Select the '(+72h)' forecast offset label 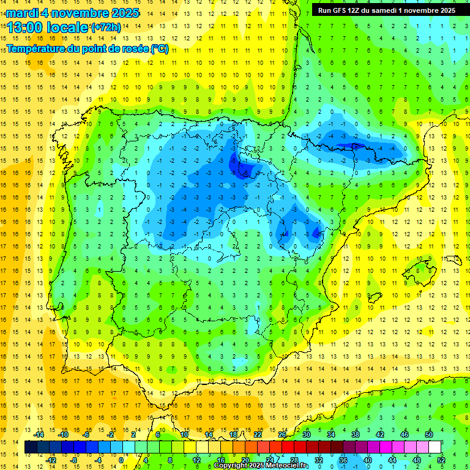(x=106, y=28)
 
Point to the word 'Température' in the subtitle (x=37, y=49)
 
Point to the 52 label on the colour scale (x=441, y=460)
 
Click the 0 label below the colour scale (x=122, y=460)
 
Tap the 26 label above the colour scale (x=282, y=435)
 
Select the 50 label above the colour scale (x=429, y=435)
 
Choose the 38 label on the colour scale (x=356, y=435)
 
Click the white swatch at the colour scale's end (x=435, y=447)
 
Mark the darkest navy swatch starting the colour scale (x=31, y=447)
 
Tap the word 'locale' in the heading (x=69, y=27)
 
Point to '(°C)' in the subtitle (x=159, y=49)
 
